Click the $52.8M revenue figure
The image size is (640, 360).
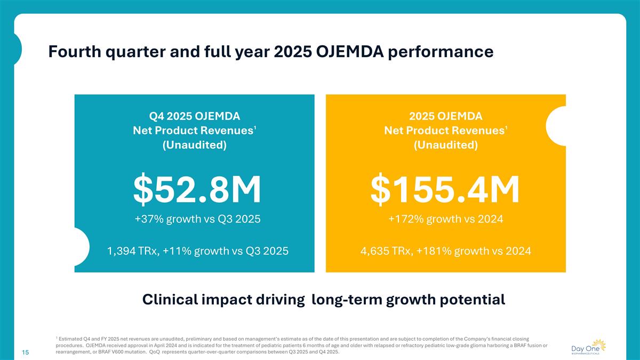[x=197, y=190]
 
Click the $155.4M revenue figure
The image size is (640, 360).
[x=445, y=190]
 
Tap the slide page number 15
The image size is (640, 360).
[x=25, y=353]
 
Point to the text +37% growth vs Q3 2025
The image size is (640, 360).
[x=197, y=219]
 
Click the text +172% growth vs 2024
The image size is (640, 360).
[x=445, y=219]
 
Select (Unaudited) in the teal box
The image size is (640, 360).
[x=194, y=145]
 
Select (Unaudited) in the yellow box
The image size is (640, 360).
[x=445, y=145]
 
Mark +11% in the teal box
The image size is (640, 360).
[x=180, y=250]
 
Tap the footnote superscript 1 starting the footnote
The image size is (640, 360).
[x=56, y=337]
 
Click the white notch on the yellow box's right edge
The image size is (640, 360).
[x=557, y=126]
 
